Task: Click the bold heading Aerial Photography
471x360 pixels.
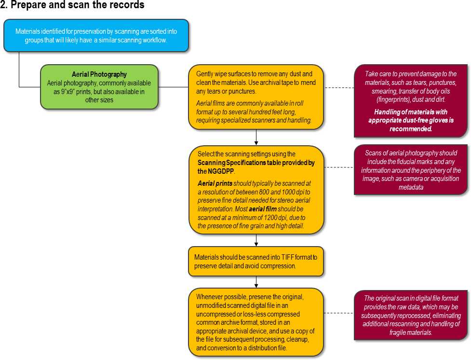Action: [x=99, y=74]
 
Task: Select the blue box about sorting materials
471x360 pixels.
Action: [x=96, y=36]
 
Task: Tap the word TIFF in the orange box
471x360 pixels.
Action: [x=287, y=257]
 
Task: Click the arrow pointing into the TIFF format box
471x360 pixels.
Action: [x=256, y=240]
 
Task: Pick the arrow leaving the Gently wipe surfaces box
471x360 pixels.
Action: [x=256, y=138]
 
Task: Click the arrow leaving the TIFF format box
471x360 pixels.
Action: [x=256, y=282]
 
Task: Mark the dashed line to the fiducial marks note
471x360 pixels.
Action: [x=339, y=167]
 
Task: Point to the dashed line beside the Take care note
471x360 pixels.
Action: [x=339, y=88]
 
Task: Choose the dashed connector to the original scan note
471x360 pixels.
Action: [x=339, y=313]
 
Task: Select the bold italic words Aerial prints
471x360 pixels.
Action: [x=215, y=183]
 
